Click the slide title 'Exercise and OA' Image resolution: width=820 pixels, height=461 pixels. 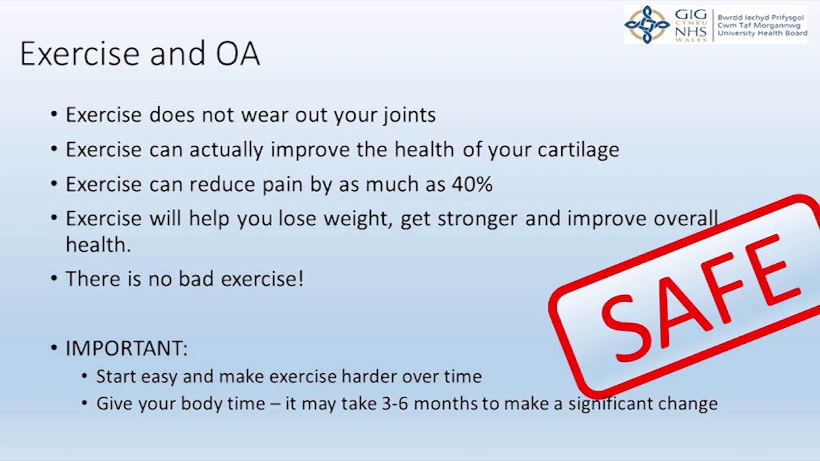pyautogui.click(x=140, y=54)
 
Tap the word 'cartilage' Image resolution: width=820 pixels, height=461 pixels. pyautogui.click(x=578, y=150)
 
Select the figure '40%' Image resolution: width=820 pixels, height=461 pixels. pyautogui.click(x=472, y=184)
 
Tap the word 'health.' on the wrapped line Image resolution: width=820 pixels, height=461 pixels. pyautogui.click(x=98, y=245)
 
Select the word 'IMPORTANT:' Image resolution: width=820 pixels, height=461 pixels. pyautogui.click(x=126, y=348)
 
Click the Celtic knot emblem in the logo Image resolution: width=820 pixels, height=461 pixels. pyautogui.click(x=647, y=24)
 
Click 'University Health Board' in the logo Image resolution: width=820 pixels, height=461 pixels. pyautogui.click(x=762, y=33)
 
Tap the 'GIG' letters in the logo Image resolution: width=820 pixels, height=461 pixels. pyautogui.click(x=691, y=15)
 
